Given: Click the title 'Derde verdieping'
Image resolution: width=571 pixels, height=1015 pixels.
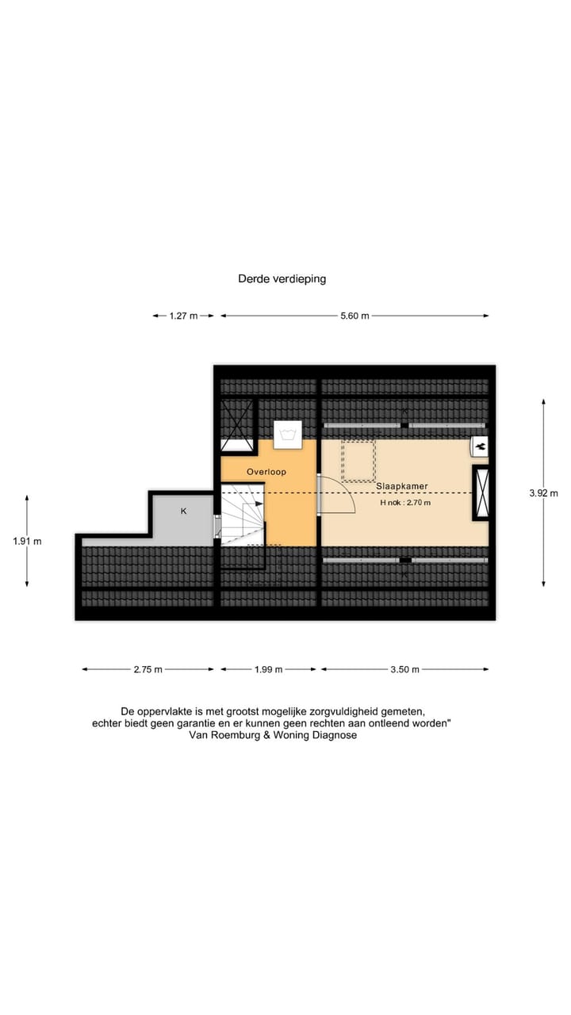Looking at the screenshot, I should tap(282, 279).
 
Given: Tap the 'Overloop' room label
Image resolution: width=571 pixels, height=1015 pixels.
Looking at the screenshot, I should tap(266, 471).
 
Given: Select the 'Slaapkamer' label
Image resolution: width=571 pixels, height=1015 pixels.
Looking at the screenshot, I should tap(402, 485).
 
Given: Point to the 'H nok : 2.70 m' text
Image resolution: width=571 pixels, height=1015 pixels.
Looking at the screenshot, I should tap(405, 502).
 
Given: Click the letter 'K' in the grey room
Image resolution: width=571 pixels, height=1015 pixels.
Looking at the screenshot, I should tap(183, 511).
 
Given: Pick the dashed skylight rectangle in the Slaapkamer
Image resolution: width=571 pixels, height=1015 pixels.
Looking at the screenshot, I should tap(358, 461).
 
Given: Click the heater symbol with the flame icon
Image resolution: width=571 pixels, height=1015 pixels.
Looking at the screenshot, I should tap(479, 447).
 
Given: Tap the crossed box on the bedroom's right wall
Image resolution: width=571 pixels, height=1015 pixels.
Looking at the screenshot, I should tap(481, 493).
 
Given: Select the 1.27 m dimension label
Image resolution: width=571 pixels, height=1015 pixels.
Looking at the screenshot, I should tap(183, 316).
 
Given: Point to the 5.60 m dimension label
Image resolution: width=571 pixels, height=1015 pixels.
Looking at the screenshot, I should tap(354, 316).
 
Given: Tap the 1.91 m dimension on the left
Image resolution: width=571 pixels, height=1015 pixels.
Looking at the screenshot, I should tap(27, 542).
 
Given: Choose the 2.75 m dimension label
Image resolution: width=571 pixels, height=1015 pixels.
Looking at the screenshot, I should tap(148, 669).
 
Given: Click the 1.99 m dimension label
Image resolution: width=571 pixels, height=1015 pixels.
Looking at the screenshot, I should tap(269, 669).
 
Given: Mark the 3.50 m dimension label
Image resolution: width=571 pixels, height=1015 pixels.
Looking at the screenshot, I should tap(404, 669).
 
